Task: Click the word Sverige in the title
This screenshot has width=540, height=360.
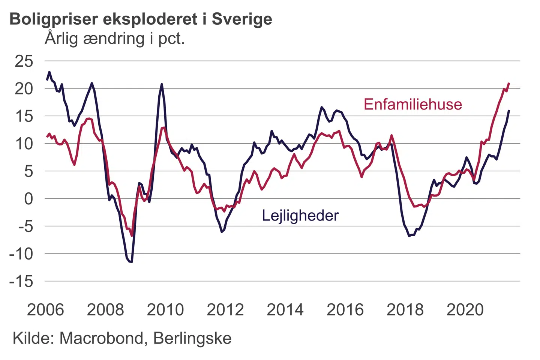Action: point(242,19)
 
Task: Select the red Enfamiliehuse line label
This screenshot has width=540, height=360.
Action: point(412,104)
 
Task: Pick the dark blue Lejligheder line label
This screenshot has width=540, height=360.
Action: point(300,216)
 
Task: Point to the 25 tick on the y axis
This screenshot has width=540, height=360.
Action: point(24,61)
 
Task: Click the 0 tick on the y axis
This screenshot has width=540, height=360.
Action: point(28,199)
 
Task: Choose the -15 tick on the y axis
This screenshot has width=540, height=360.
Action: point(21,281)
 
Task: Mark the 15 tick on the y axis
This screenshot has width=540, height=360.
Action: point(24,116)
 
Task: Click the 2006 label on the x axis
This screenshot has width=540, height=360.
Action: point(45,310)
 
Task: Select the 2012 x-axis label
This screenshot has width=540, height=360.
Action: point(225,310)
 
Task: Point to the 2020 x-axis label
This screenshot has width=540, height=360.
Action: point(465,310)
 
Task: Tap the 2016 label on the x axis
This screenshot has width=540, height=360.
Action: point(345,310)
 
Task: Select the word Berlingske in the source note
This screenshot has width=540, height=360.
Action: point(192,338)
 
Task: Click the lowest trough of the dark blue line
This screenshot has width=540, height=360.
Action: point(132,262)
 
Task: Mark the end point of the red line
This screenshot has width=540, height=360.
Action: point(509,83)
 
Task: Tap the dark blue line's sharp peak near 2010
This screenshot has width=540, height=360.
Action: point(162,84)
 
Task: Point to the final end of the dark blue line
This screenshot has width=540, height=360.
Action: point(509,110)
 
